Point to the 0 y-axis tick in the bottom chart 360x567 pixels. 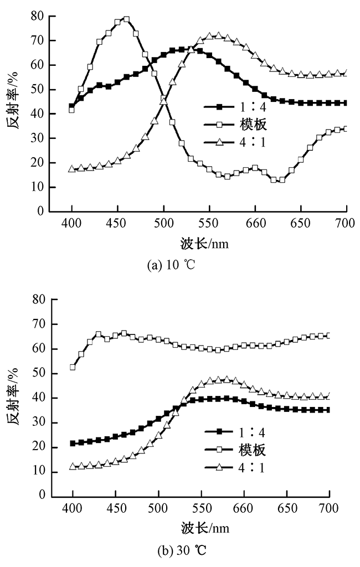42,496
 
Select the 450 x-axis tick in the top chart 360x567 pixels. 117,224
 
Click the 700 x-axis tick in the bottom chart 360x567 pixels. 329,508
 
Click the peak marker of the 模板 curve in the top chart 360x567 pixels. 126,19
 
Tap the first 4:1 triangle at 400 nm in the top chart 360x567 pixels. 72,169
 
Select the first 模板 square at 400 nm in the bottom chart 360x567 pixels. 73,367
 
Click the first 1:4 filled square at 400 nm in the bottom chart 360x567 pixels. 73,443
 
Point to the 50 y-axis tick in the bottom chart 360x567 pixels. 38,374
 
